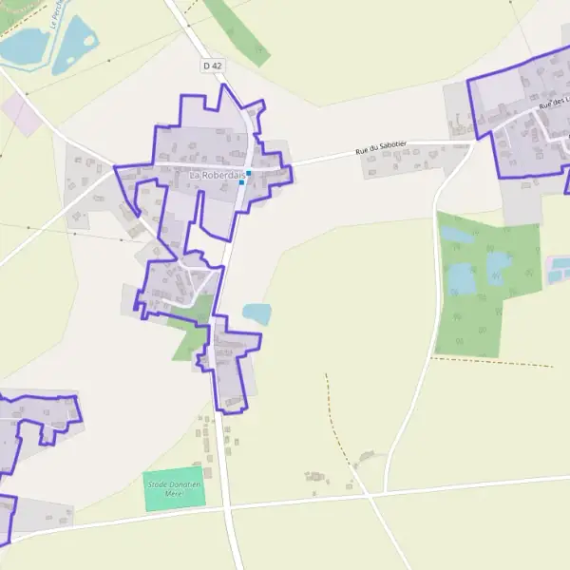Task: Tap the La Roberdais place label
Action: click(218, 176)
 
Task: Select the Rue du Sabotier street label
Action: click(381, 147)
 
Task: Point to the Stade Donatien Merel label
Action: click(174, 488)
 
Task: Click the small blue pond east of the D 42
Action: click(256, 313)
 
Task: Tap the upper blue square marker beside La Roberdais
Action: click(248, 173)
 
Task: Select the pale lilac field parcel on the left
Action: click(22, 113)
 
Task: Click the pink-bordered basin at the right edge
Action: click(557, 269)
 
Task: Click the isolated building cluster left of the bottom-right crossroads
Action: click(314, 478)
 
